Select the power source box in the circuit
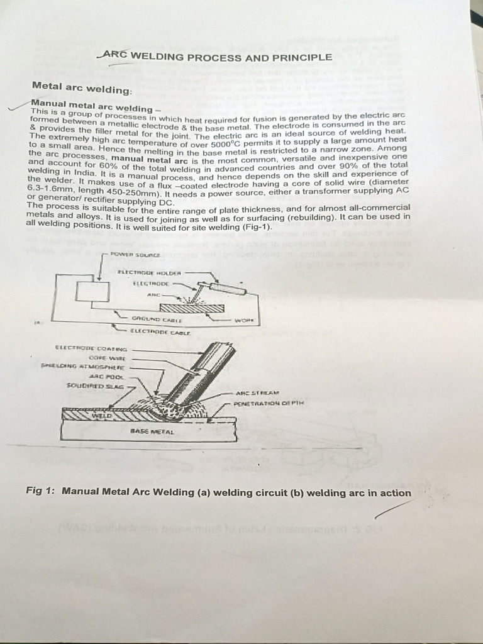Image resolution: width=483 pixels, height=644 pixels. tap(92, 291)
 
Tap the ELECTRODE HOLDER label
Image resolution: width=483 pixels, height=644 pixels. tap(149, 272)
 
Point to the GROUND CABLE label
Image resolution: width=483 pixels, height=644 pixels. tap(148, 319)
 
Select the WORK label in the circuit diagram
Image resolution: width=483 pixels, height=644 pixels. tap(242, 319)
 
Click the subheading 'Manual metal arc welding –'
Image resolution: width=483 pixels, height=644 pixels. tap(92, 105)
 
